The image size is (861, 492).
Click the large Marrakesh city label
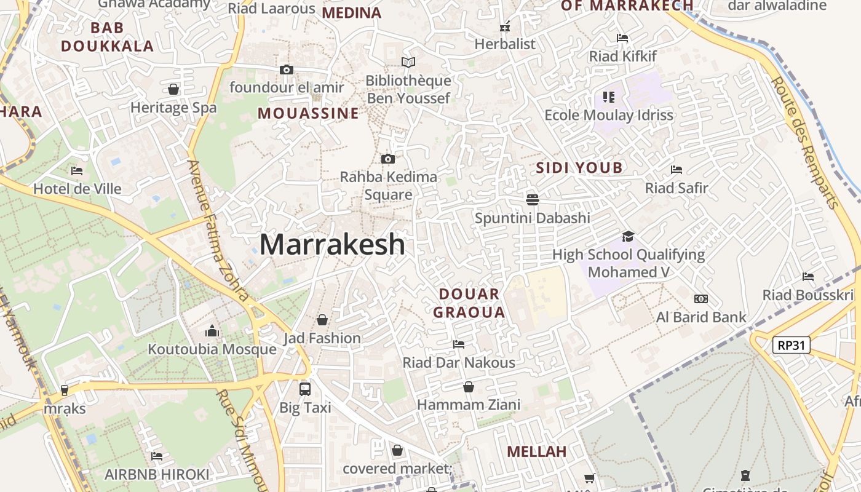pos(332,245)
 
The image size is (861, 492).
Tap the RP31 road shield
pos(791,345)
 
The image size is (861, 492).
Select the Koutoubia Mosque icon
pos(212,331)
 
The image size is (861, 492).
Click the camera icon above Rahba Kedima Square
pos(387,159)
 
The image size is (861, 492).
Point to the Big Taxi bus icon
pos(305,389)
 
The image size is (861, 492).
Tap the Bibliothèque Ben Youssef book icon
pos(408,62)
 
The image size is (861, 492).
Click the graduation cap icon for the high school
pos(628,236)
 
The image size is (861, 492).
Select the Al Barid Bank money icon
pos(700,299)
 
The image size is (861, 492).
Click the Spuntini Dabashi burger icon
pos(533,199)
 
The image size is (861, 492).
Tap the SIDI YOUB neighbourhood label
pos(579,168)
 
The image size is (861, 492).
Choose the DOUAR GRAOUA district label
pos(469,303)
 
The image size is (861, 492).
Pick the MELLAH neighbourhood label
pos(536,451)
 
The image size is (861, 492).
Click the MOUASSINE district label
pos(308,113)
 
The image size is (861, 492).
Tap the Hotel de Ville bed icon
pos(77,170)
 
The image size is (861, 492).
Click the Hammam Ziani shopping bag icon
pos(469,387)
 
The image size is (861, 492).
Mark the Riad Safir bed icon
pos(676,169)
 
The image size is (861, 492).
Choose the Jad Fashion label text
pos(322,338)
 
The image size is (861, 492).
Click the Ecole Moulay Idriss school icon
pos(609,97)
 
